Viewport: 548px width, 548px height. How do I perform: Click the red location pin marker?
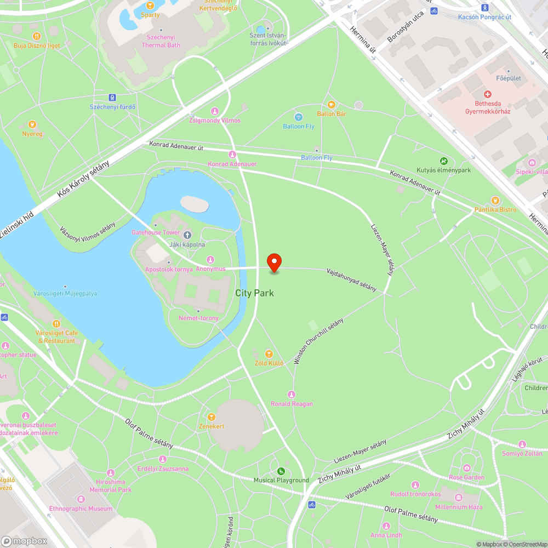273,262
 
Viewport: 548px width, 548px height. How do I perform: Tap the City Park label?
254,293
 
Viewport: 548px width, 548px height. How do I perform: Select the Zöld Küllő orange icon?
269,354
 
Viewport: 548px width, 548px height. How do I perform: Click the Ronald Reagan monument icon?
292,395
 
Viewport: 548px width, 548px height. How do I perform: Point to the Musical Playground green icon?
281,471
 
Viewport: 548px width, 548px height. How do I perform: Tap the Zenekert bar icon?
212,417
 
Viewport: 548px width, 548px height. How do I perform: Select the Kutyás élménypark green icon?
443,161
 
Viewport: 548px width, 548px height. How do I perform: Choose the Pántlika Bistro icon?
495,201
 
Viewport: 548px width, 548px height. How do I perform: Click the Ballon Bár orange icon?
331,105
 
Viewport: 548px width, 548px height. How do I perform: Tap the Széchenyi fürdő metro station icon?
112,98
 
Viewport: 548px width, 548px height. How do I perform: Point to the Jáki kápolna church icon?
187,235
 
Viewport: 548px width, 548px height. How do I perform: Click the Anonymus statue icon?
210,259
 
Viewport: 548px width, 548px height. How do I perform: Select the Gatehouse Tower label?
148,232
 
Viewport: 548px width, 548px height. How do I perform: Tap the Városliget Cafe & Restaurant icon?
56,324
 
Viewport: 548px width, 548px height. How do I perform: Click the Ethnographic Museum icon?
81,499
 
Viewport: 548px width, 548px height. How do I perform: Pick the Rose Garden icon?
466,468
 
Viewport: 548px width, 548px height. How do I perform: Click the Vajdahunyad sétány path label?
351,279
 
